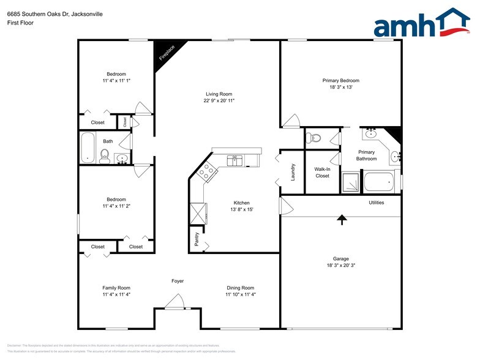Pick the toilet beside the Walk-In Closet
point(315,137)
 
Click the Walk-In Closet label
point(322,172)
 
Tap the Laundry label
point(293,172)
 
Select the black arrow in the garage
point(342,219)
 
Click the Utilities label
point(376,203)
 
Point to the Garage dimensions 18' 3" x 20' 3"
point(341,266)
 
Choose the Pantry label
point(197,241)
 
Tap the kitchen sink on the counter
point(235,160)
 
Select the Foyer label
point(178,281)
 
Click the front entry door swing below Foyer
point(176,302)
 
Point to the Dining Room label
point(240,288)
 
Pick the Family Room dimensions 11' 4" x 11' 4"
point(116,294)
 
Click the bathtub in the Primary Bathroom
point(379,182)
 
